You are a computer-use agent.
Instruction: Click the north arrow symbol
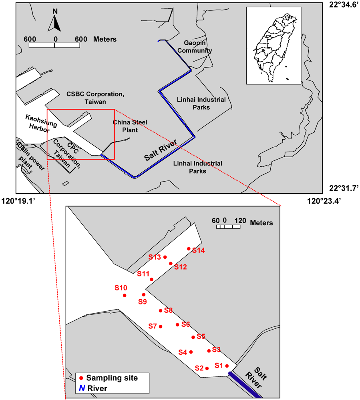point(54,22)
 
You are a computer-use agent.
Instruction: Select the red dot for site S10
point(125,295)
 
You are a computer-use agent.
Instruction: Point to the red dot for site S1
point(227,366)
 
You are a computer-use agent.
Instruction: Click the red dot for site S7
point(161,326)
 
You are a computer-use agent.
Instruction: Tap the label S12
point(180,267)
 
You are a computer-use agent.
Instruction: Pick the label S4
point(183,352)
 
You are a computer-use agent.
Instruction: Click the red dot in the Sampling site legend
point(81,378)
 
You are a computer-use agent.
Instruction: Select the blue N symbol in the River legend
point(81,388)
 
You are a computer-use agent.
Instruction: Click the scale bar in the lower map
point(228,227)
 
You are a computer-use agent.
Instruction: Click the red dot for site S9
point(143,294)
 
